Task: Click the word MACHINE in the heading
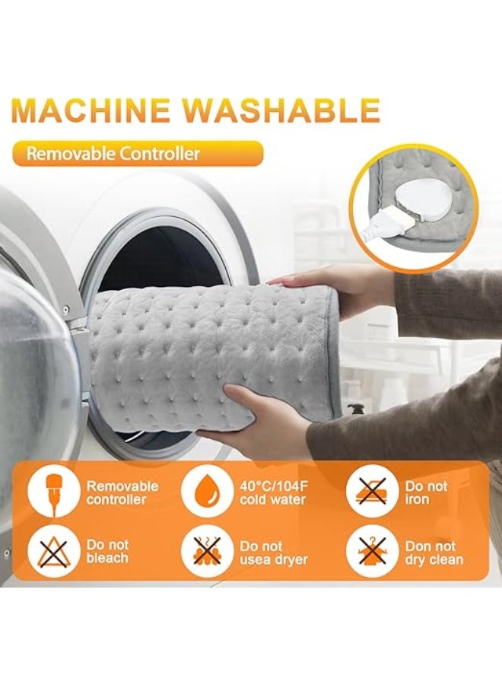(x=92, y=110)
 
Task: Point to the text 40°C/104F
(x=275, y=486)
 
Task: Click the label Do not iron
(x=426, y=492)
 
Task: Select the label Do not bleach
(x=107, y=552)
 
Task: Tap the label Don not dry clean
(x=434, y=553)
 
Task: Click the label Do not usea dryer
(x=274, y=553)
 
